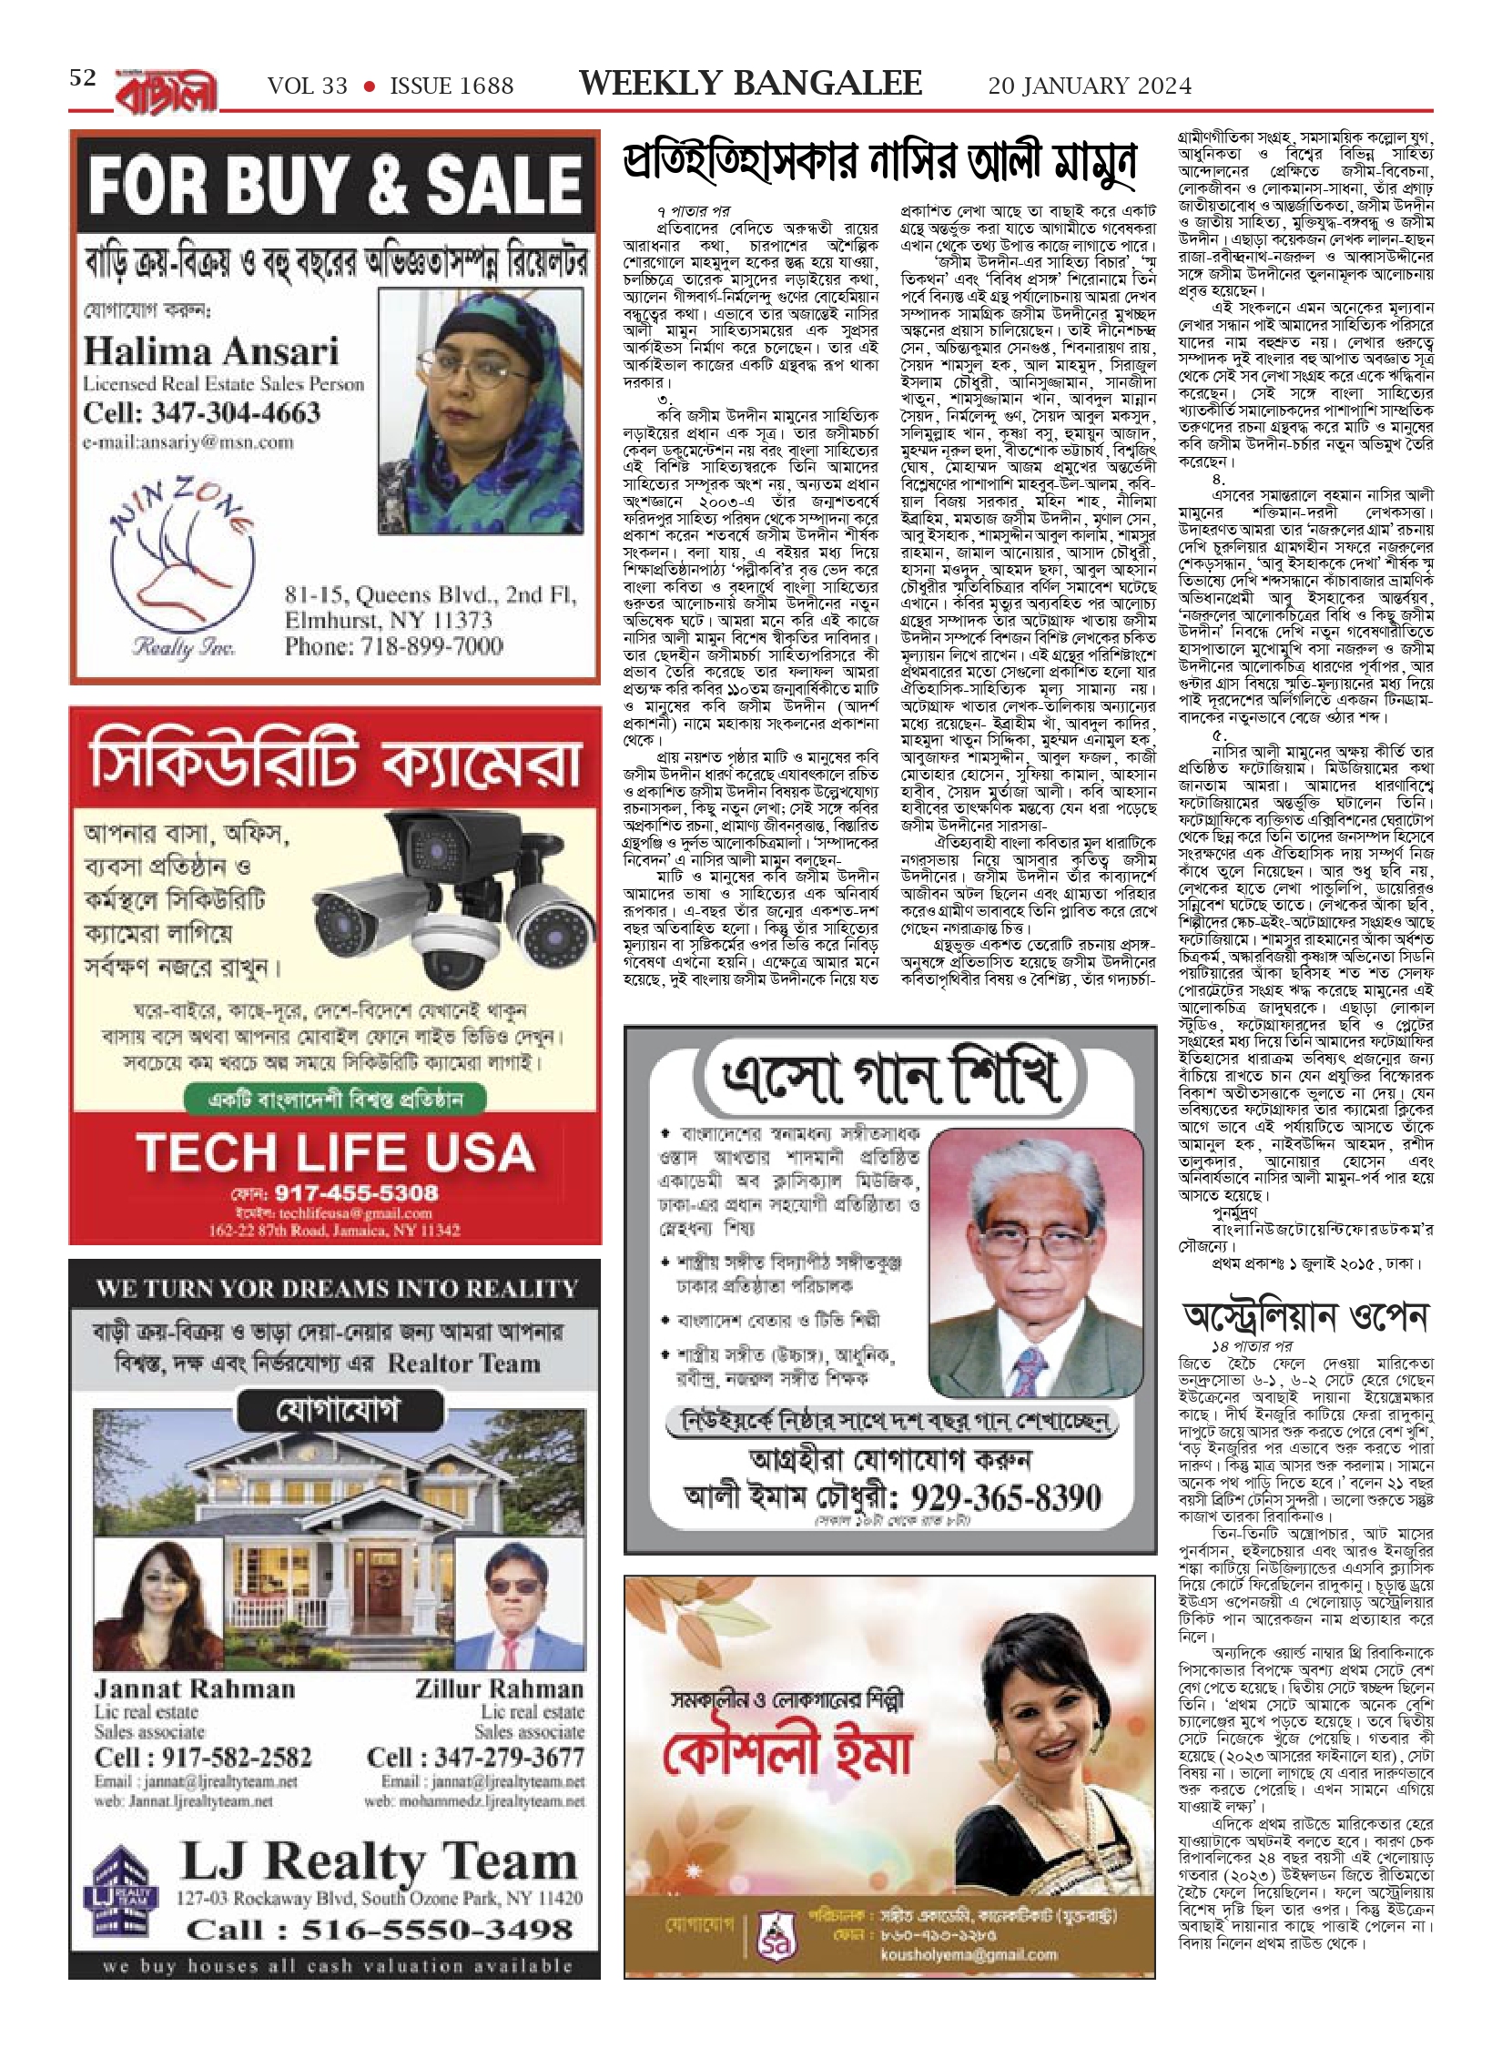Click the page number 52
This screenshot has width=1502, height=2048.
[83, 78]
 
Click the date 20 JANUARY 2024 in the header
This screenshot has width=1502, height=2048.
[1090, 86]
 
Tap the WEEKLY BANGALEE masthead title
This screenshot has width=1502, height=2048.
[750, 84]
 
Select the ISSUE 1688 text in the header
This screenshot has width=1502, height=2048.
[452, 86]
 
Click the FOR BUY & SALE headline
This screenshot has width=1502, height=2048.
[335, 184]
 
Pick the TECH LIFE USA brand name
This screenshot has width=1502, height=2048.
[335, 1152]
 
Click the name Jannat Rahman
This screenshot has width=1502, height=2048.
[195, 1689]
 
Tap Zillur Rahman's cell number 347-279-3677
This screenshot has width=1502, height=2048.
[475, 1757]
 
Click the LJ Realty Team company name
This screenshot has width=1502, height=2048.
[379, 1862]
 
